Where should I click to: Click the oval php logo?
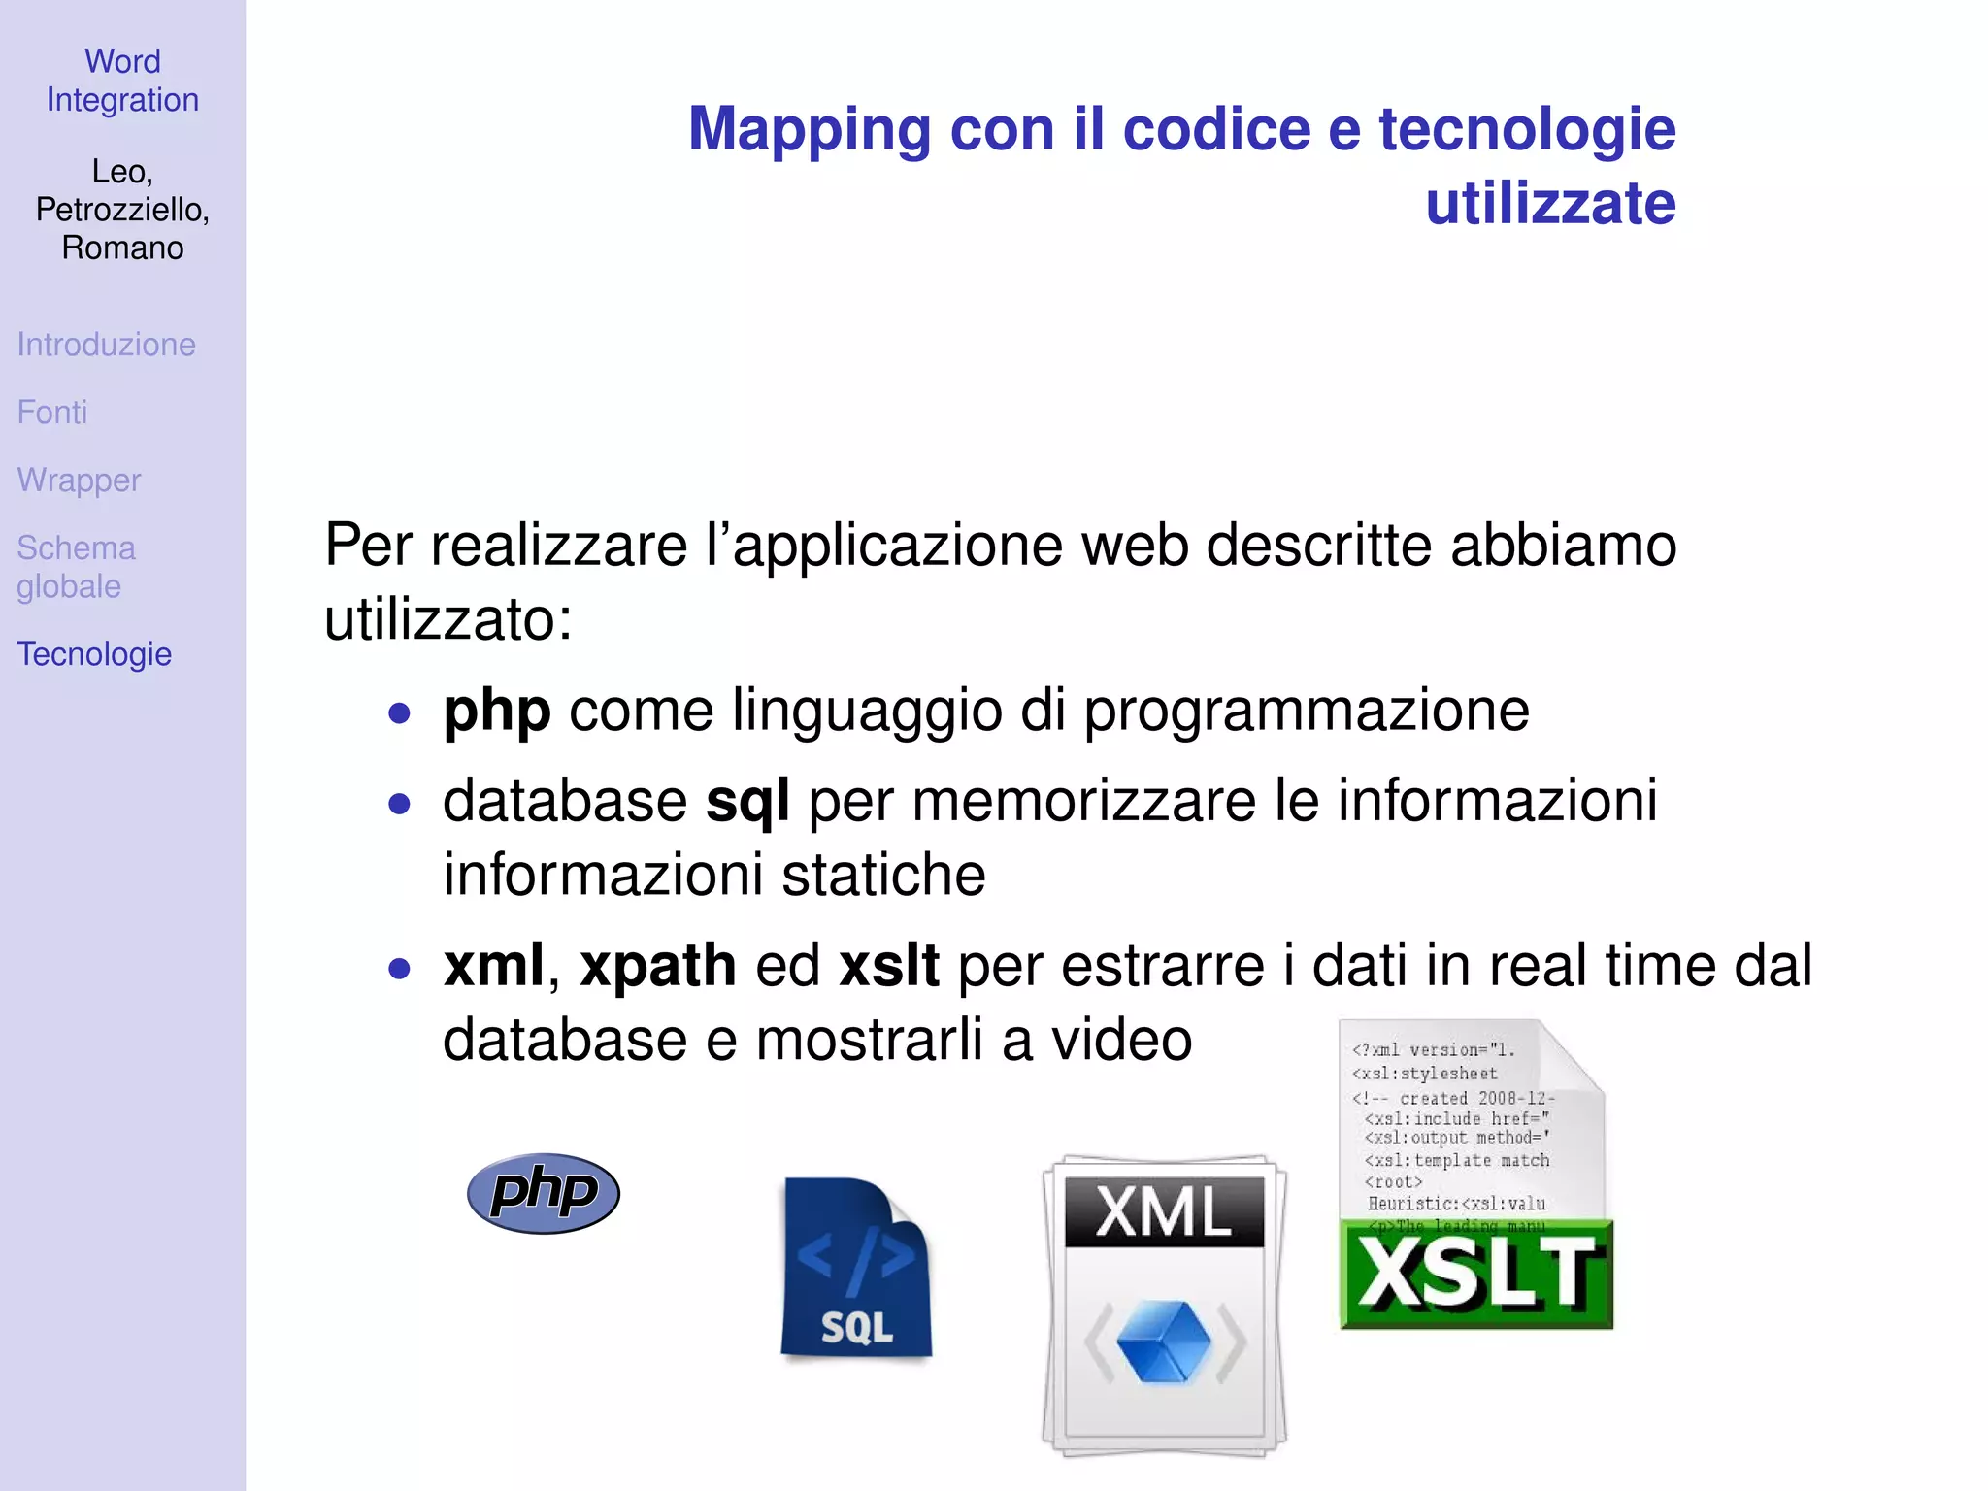[543, 1193]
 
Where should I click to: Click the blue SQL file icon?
[855, 1268]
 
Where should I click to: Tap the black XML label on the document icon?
[1164, 1211]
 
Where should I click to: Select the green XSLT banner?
[1475, 1275]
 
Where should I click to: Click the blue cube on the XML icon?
[1164, 1342]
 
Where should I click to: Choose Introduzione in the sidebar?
[106, 345]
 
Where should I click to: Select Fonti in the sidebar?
[52, 413]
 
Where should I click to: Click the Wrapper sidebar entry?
[79, 480]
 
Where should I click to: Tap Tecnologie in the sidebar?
[94, 654]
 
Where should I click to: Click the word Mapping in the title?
[809, 129]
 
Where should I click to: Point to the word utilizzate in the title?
[1550, 204]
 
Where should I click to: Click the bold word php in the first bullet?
[497, 711]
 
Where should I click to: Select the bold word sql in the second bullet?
[746, 801]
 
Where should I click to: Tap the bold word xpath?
[657, 966]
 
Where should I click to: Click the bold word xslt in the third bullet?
[888, 966]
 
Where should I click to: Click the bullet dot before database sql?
[399, 804]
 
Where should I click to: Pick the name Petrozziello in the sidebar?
[120, 210]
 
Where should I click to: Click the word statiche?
[883, 875]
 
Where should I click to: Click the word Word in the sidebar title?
[122, 61]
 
